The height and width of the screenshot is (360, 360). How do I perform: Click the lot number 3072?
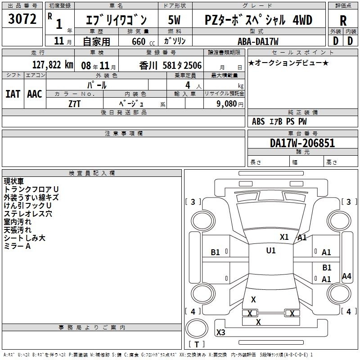(x=22, y=19)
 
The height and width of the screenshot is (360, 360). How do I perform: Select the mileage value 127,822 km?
(x=53, y=65)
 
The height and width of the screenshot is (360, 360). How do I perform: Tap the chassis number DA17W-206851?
(x=302, y=143)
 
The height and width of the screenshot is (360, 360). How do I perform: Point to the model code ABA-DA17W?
(x=258, y=41)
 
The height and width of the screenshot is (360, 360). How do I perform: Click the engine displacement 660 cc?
(x=143, y=41)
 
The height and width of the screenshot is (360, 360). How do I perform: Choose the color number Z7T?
(x=74, y=104)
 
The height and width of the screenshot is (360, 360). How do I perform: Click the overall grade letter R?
(x=343, y=21)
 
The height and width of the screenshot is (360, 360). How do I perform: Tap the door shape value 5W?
(x=174, y=20)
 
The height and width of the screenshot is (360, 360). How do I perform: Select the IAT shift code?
(x=13, y=94)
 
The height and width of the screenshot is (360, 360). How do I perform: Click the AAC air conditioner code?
(x=35, y=94)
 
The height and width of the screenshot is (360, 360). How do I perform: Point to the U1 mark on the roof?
(x=271, y=251)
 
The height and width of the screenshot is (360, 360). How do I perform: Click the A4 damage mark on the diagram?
(x=346, y=276)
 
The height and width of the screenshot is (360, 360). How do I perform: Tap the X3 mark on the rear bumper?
(x=220, y=332)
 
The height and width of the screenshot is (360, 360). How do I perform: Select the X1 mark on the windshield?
(x=284, y=237)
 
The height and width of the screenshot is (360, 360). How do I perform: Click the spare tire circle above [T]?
(x=197, y=328)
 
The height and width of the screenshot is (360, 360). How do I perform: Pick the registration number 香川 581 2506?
(x=171, y=66)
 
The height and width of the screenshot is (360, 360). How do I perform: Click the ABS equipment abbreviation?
(x=258, y=121)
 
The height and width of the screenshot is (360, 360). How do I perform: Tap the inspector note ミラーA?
(x=17, y=246)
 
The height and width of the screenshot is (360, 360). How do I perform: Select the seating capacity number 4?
(x=188, y=85)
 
